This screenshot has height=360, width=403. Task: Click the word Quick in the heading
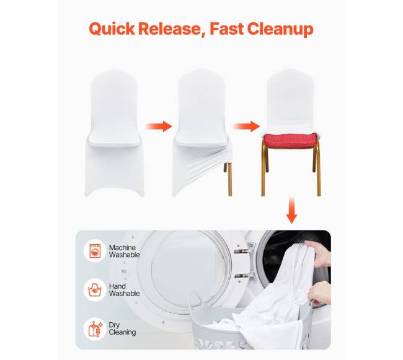(112, 29)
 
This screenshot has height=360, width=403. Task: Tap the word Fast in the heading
(227, 29)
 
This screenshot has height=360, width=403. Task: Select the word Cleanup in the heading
(280, 29)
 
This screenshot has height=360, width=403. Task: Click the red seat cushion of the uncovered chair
(290, 141)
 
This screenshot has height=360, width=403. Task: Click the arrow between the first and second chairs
(159, 126)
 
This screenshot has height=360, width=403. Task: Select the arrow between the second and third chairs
(246, 126)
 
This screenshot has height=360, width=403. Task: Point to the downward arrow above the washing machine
(291, 210)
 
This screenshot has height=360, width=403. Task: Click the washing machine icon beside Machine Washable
(95, 251)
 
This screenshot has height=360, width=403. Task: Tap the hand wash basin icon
(95, 290)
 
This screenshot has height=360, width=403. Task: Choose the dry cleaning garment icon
(95, 329)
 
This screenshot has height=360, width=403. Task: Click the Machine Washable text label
(125, 251)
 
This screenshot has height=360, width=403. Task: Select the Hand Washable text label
(125, 290)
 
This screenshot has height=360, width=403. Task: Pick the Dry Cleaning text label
(122, 328)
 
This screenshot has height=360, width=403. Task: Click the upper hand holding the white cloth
(318, 253)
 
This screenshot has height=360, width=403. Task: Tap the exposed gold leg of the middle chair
(229, 179)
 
